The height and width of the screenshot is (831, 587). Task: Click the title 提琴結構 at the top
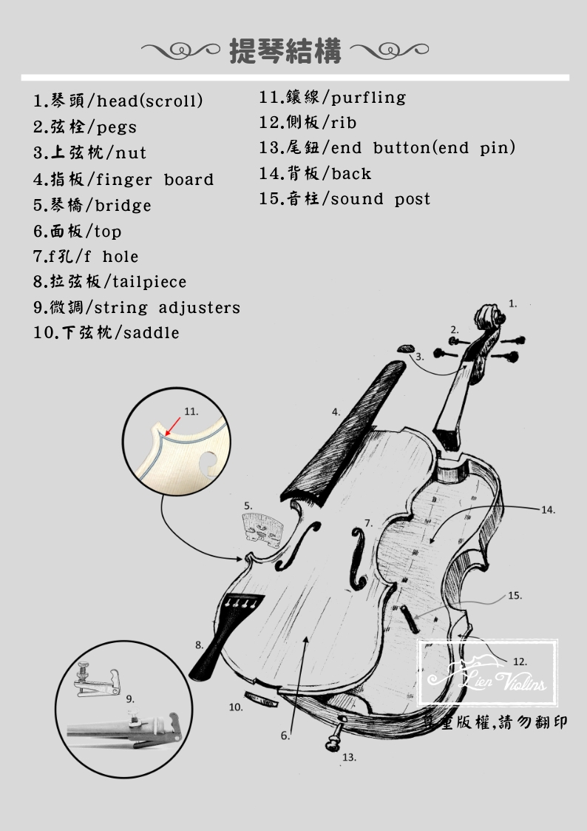tap(285, 51)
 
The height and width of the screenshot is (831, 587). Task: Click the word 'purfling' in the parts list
tap(368, 98)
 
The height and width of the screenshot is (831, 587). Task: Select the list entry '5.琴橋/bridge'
tap(92, 205)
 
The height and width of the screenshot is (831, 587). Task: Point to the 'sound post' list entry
tap(345, 199)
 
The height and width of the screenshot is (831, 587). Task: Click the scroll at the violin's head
tap(489, 317)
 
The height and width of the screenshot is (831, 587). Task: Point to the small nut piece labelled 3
tap(406, 349)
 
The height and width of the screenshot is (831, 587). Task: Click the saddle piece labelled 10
tap(260, 699)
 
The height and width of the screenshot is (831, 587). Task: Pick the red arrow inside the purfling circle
tap(173, 426)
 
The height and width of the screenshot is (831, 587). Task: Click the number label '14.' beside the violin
tap(548, 510)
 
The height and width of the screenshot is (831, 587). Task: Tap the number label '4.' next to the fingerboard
tap(336, 412)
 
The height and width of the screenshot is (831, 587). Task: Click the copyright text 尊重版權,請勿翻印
tap(495, 722)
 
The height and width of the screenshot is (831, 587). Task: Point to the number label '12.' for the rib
tap(520, 662)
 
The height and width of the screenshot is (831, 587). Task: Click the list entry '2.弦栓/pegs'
tap(85, 127)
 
